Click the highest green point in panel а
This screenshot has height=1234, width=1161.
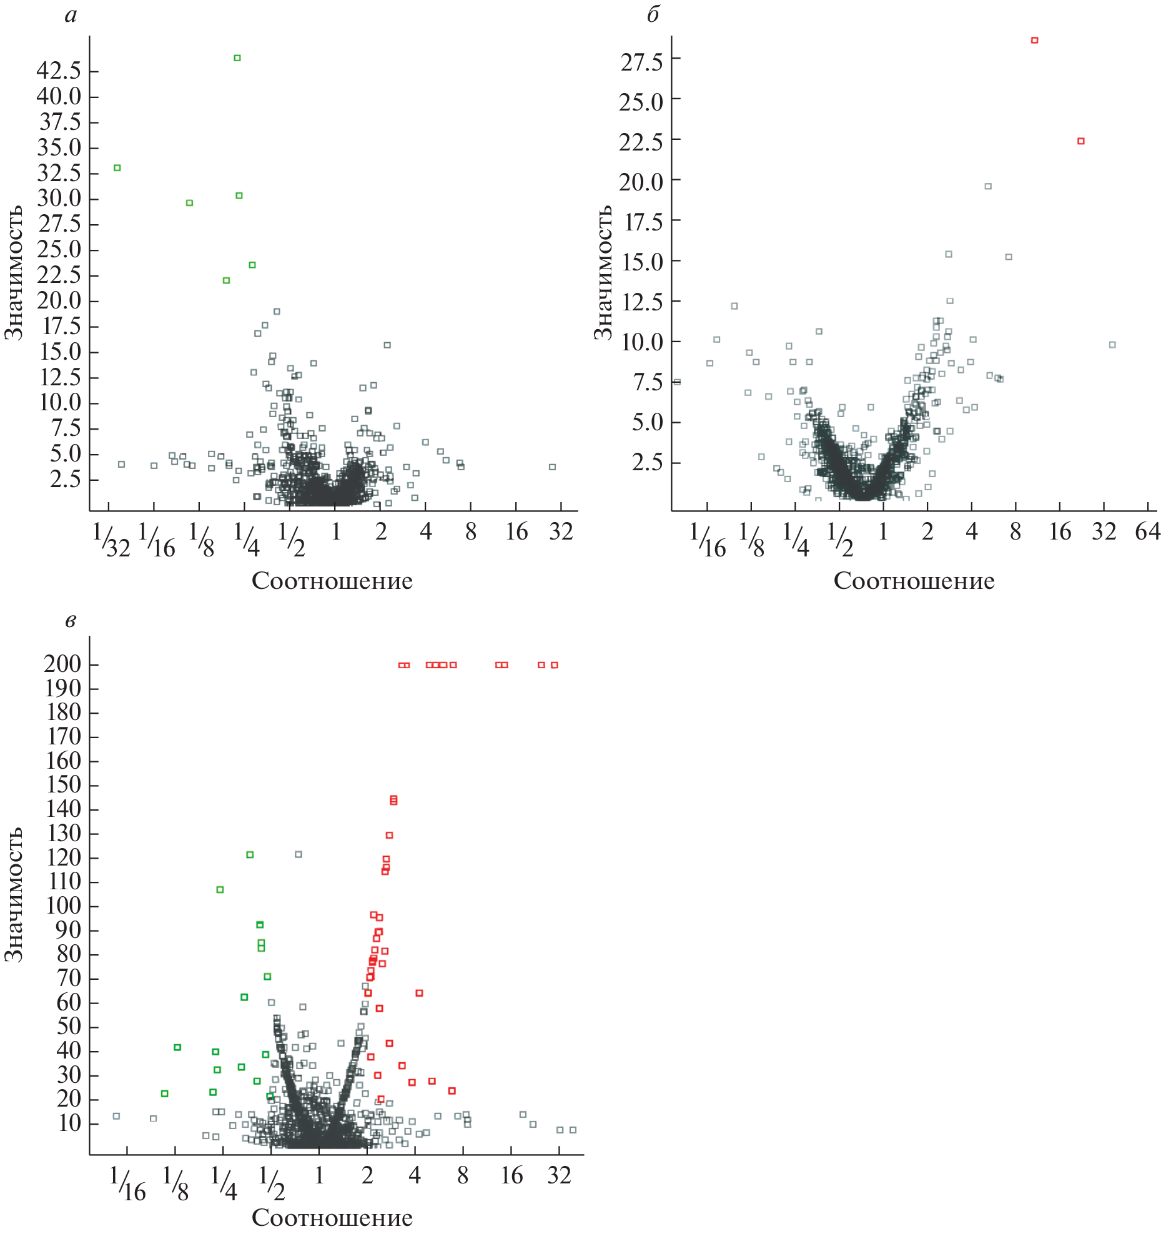click(x=237, y=58)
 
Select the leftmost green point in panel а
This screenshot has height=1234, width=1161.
click(x=117, y=168)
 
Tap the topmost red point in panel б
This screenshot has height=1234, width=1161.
click(x=1034, y=41)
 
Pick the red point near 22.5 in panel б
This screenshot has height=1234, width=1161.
click(x=1081, y=141)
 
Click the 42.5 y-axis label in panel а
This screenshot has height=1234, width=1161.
click(x=59, y=71)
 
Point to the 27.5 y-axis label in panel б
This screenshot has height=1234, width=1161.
click(x=641, y=62)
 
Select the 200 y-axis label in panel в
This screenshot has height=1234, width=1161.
click(x=62, y=664)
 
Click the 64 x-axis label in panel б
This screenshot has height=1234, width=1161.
click(x=1148, y=531)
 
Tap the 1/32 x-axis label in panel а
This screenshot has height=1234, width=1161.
click(x=111, y=540)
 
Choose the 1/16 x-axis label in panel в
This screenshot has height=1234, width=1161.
click(x=128, y=1183)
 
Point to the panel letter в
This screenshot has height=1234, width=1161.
click(x=71, y=621)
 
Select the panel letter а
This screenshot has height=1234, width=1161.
click(x=71, y=15)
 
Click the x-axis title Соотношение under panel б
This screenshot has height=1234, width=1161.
click(x=914, y=581)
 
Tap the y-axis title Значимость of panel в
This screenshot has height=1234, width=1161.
click(x=14, y=894)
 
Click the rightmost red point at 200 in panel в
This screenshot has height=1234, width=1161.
click(x=555, y=665)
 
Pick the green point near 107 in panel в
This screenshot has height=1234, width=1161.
click(x=220, y=890)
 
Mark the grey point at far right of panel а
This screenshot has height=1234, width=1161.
click(x=552, y=467)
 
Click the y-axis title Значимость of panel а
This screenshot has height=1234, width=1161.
click(x=14, y=273)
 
